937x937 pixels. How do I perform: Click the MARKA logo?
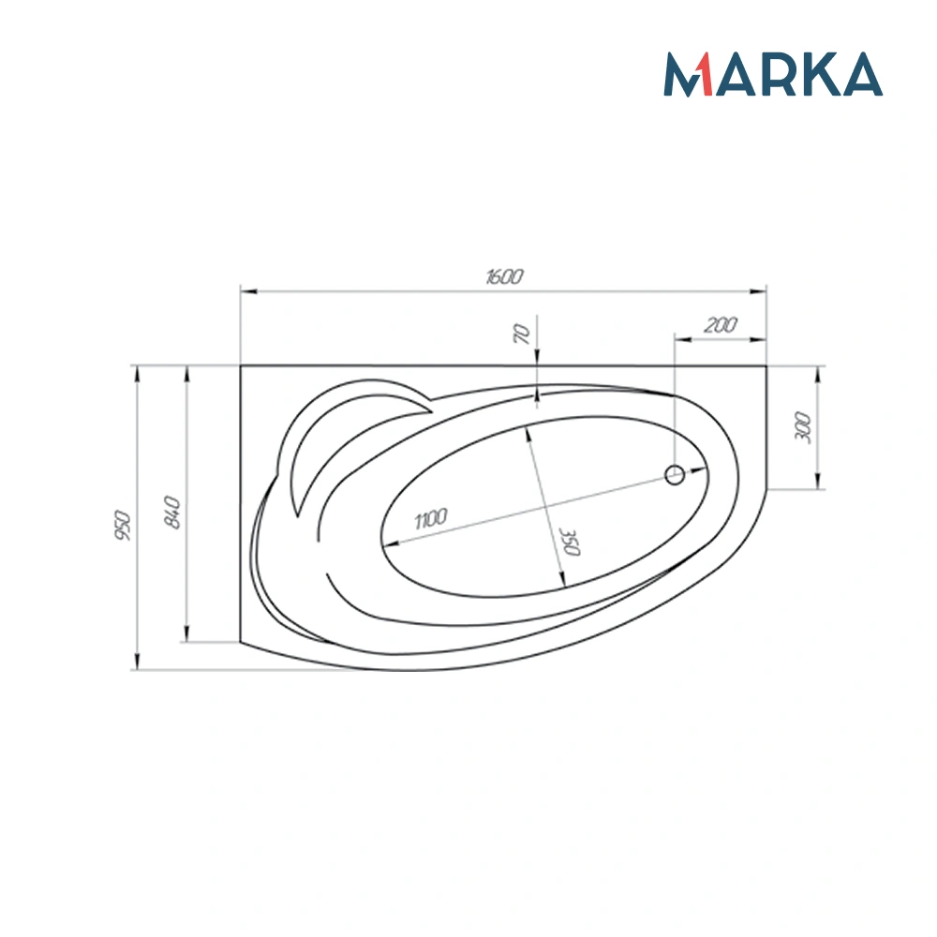(x=773, y=74)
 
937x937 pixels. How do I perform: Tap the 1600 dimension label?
(x=504, y=276)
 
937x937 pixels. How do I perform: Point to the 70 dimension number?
(x=522, y=334)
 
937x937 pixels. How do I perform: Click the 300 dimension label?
(x=803, y=426)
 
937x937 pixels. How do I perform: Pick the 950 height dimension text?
(x=123, y=526)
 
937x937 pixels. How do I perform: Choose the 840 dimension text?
(x=172, y=512)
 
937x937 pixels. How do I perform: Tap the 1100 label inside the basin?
(x=430, y=519)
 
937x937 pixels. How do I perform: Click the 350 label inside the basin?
(x=570, y=542)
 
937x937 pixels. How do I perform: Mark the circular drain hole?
(x=675, y=475)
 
